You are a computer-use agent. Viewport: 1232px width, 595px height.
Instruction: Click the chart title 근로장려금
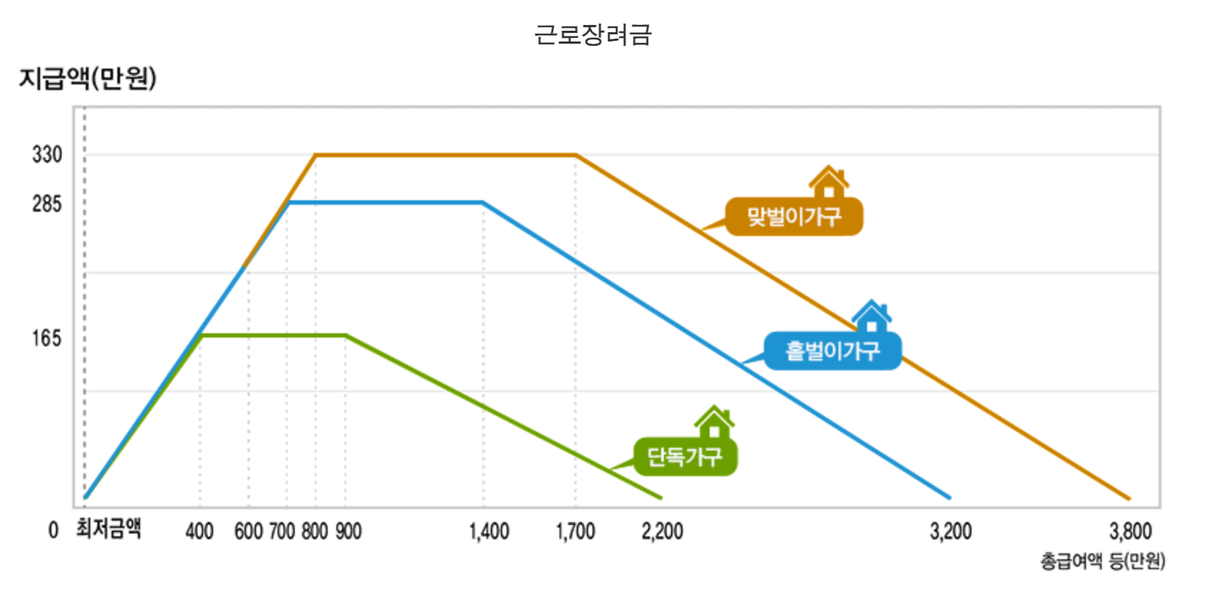(593, 34)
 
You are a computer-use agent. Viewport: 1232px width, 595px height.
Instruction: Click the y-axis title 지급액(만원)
(87, 78)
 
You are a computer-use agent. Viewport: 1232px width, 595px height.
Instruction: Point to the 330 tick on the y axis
(47, 154)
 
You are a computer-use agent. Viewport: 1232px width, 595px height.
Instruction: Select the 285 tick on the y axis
(47, 204)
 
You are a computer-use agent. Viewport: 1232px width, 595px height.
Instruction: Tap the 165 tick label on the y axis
(47, 338)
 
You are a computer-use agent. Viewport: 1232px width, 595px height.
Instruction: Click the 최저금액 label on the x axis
(109, 529)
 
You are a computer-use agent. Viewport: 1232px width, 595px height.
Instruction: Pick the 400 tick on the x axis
(200, 531)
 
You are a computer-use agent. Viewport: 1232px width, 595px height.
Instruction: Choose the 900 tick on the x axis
(348, 531)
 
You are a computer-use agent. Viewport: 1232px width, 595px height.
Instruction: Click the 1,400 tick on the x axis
(489, 531)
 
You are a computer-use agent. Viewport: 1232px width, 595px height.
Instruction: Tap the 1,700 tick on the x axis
(576, 531)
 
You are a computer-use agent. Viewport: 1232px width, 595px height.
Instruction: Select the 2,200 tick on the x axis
(662, 531)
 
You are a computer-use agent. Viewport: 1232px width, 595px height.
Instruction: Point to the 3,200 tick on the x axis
(951, 531)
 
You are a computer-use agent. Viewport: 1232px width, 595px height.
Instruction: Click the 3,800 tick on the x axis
(1130, 531)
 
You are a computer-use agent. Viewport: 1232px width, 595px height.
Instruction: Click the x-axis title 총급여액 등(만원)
(1103, 561)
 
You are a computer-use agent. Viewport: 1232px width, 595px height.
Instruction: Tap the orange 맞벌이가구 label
(794, 217)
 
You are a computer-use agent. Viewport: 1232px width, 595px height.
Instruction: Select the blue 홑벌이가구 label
(833, 351)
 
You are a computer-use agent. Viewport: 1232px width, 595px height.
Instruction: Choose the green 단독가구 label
(685, 456)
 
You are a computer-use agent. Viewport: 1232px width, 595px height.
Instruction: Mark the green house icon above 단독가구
(714, 422)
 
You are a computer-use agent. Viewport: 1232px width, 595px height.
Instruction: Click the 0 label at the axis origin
(53, 530)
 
